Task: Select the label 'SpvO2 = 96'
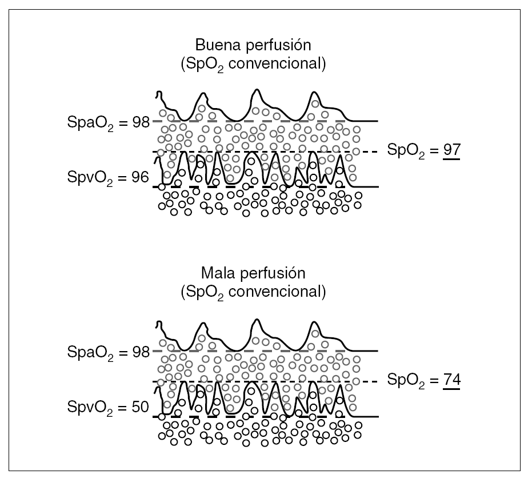[x=107, y=178]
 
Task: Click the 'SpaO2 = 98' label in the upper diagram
[x=107, y=122]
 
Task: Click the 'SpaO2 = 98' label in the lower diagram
[x=107, y=350]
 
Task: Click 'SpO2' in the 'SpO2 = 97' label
[x=406, y=151]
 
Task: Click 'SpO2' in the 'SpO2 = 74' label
[x=406, y=380]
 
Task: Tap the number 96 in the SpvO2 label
[x=141, y=178]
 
